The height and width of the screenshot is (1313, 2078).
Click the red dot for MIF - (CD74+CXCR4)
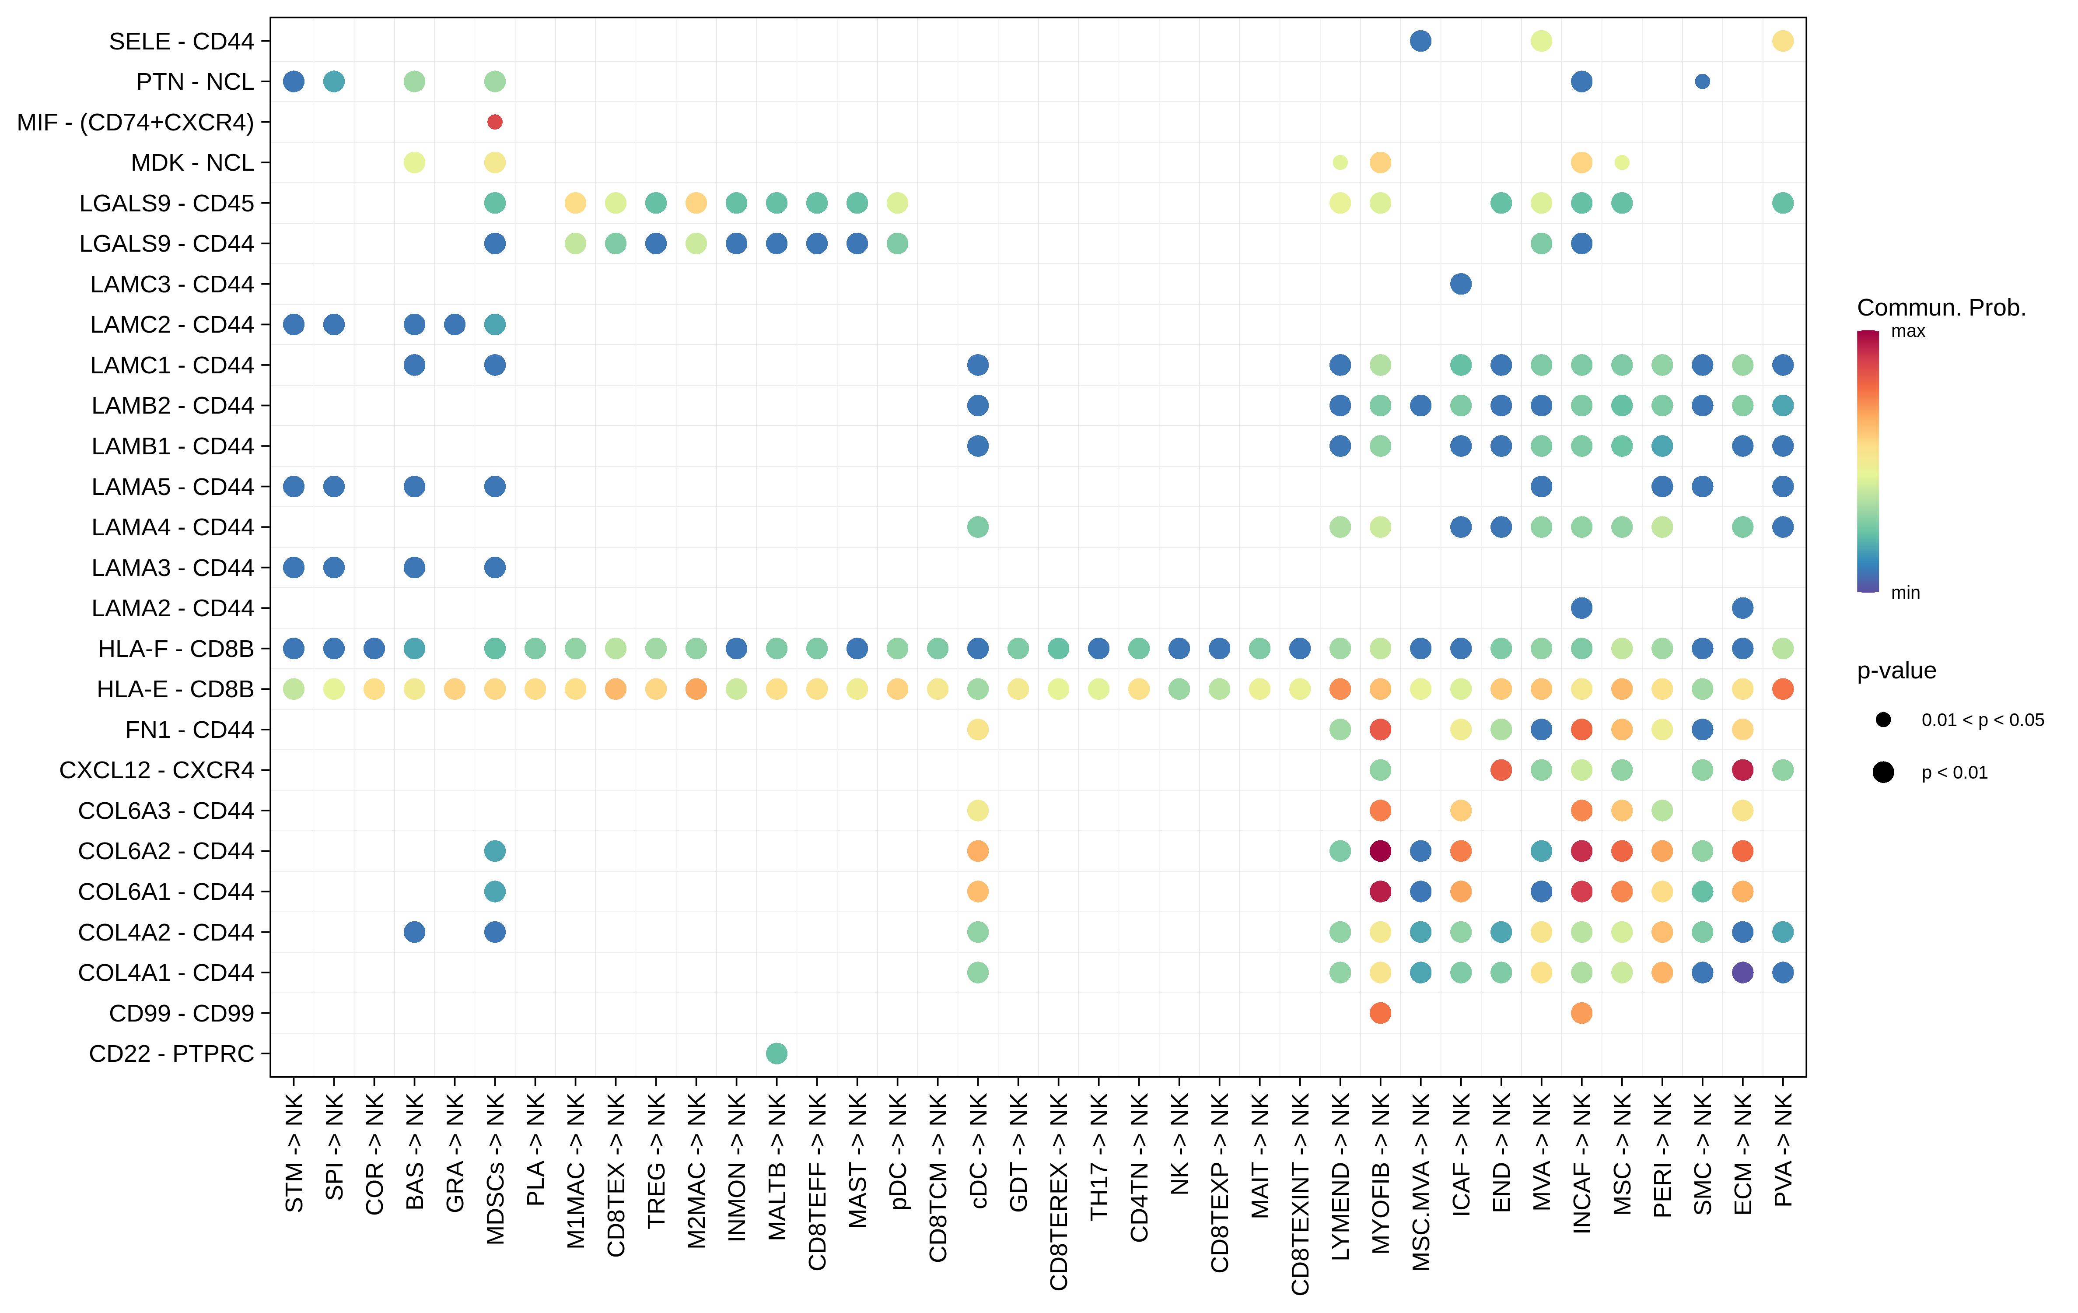pos(494,122)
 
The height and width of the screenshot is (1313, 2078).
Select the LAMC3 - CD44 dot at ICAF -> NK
pos(1460,284)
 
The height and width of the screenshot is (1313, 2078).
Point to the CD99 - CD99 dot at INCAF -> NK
pos(1581,1013)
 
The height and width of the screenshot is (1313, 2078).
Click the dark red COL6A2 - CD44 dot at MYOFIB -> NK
pos(1380,851)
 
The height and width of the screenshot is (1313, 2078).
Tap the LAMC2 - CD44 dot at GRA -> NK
pos(455,325)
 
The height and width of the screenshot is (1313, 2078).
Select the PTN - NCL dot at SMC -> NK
pos(1702,81)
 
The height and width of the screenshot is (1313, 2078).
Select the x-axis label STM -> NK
pos(294,1152)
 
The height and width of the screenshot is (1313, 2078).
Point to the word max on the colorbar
pos(1908,331)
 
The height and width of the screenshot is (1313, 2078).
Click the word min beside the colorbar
pos(1905,592)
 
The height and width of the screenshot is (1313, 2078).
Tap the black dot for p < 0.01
pos(1883,772)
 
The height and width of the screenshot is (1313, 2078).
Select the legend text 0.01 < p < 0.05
pos(1982,720)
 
